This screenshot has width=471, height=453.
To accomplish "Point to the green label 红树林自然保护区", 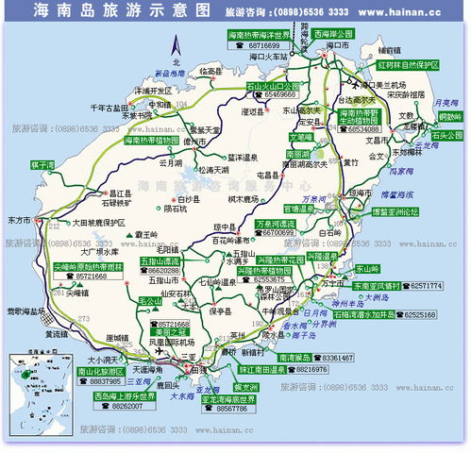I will [411, 66].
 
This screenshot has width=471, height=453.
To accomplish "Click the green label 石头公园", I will [445, 135].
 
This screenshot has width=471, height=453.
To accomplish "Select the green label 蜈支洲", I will [245, 388].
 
